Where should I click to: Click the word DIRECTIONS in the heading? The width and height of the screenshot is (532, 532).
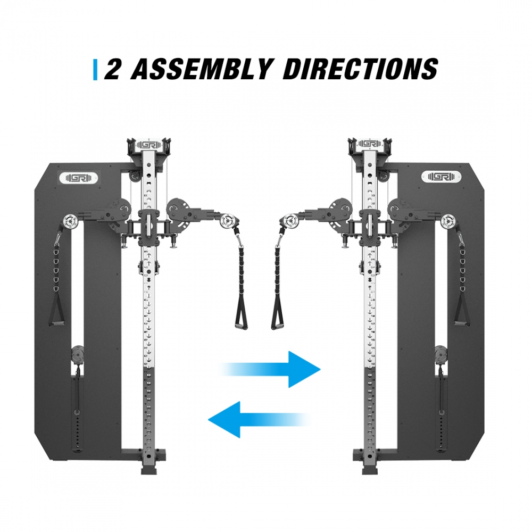pyautogui.click(x=360, y=69)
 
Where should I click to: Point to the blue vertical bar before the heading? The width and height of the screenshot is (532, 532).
pyautogui.click(x=95, y=70)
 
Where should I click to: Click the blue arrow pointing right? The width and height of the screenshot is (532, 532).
pyautogui.click(x=270, y=369)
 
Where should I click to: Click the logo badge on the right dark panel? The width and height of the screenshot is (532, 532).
pyautogui.click(x=441, y=177)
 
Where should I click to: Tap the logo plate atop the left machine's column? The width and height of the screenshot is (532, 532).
pyautogui.click(x=149, y=145)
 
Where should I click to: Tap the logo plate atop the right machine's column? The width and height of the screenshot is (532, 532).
pyautogui.click(x=370, y=144)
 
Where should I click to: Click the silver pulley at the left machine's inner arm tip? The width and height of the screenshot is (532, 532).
pyautogui.click(x=227, y=221)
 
